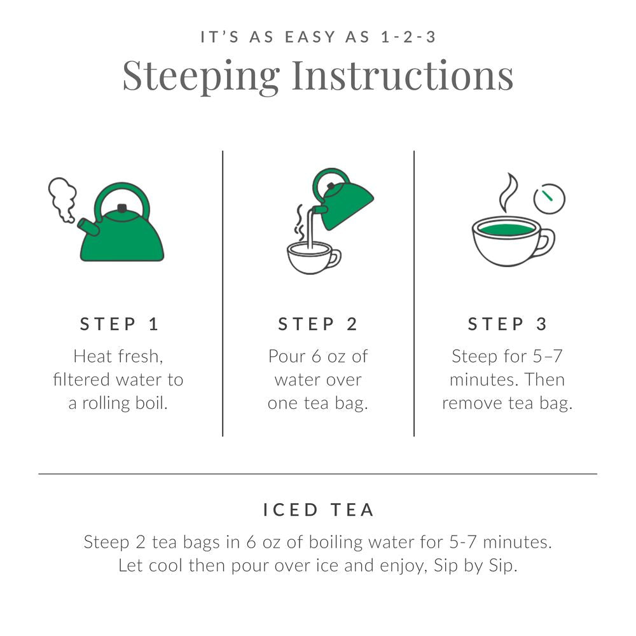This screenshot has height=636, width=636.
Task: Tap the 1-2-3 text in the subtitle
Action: (406, 37)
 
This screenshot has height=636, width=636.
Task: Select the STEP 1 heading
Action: (119, 324)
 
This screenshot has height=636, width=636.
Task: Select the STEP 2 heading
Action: (318, 324)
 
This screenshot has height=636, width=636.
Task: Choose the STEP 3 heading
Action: (508, 324)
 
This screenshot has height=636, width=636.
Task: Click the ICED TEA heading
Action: (318, 509)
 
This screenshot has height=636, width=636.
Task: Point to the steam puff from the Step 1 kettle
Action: (63, 197)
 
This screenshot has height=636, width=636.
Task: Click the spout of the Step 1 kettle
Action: (88, 226)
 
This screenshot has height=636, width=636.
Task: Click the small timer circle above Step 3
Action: (550, 198)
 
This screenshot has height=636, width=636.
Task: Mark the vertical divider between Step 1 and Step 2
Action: (223, 293)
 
